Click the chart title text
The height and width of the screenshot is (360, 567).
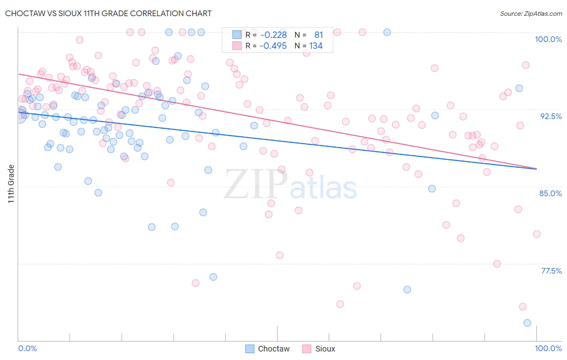108,13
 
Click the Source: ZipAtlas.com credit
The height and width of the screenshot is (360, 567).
531,13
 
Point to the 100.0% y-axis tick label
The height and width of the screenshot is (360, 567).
548,39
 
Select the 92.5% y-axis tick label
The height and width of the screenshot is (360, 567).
551,116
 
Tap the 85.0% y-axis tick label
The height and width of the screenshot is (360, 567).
550,193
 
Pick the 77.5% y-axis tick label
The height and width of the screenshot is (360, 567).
551,271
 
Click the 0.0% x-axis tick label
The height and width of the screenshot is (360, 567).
27,348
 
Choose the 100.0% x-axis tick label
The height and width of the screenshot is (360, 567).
548,348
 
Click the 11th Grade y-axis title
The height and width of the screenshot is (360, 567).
11,184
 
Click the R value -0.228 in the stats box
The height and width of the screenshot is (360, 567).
273,35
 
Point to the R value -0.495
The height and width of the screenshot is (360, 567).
273,46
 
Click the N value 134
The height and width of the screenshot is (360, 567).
316,46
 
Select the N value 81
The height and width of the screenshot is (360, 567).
319,35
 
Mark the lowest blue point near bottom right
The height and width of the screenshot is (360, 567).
527,323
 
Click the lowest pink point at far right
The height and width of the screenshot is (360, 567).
523,307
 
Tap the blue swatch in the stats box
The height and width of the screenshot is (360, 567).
237,35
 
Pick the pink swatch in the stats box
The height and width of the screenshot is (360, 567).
237,46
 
